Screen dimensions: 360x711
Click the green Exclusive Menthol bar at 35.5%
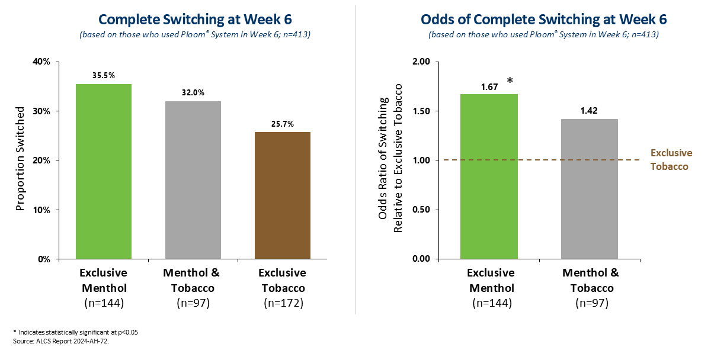(x=104, y=172)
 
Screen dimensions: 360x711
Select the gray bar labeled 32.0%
(x=193, y=180)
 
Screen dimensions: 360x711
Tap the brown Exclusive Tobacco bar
(x=282, y=195)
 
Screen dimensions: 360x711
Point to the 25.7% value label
(x=282, y=124)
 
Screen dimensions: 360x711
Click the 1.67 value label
(x=489, y=86)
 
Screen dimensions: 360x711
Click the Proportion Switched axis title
(x=20, y=159)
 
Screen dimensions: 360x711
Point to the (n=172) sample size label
(x=282, y=303)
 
